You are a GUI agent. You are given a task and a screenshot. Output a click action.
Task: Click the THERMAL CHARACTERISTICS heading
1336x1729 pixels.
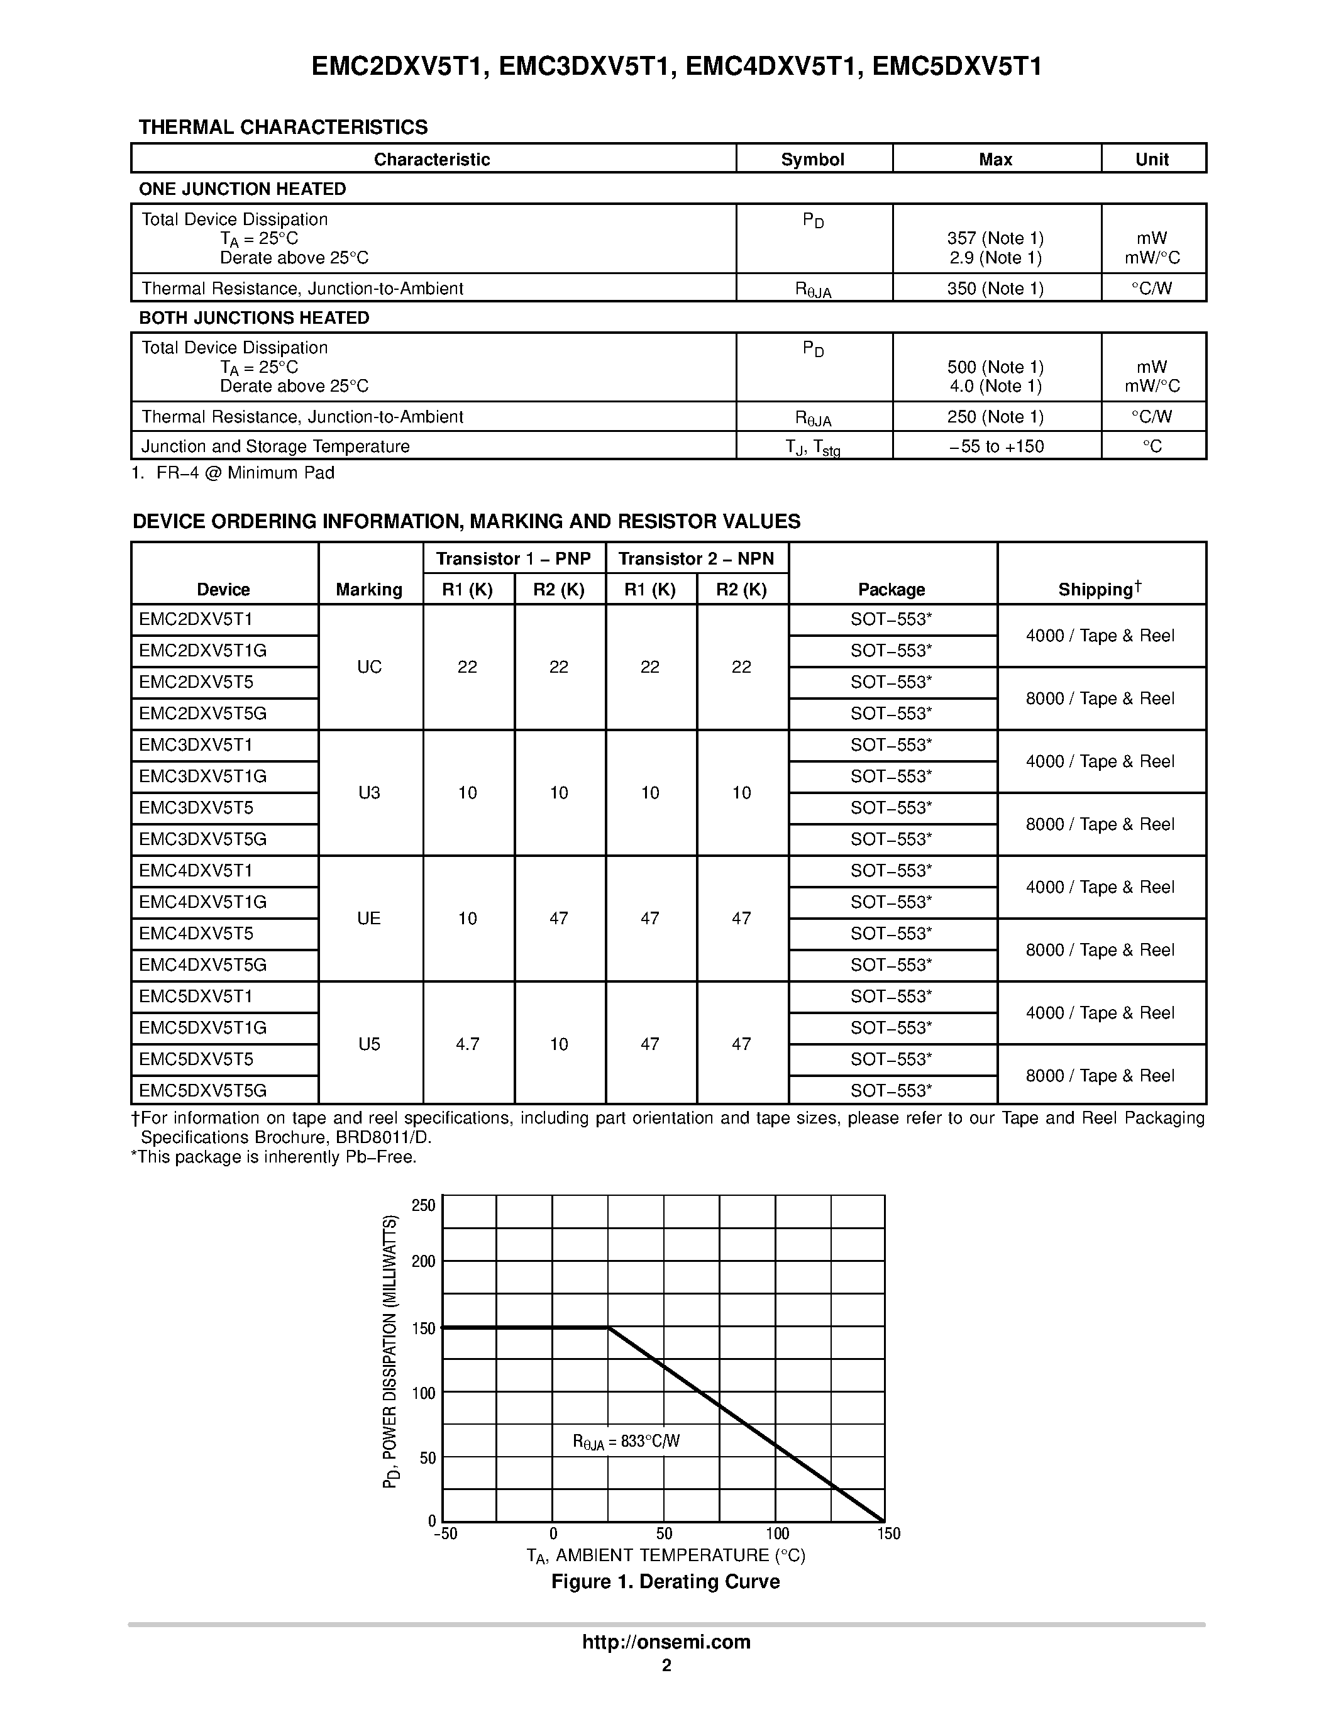282,128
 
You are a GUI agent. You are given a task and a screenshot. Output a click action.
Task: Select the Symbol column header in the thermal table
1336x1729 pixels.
812,159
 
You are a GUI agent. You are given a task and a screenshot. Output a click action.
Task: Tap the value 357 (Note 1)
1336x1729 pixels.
995,238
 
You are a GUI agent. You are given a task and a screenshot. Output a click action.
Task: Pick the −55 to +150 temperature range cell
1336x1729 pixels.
996,446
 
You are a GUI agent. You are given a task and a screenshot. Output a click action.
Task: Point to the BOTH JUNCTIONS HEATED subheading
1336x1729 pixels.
254,318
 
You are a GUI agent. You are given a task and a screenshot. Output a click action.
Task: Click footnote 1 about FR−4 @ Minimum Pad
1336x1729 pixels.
233,473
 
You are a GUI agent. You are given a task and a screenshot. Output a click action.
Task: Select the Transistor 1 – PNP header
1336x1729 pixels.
513,559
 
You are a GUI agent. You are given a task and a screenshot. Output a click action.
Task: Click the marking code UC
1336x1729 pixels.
369,666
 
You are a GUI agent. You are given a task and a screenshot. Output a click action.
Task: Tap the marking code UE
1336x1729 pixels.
369,919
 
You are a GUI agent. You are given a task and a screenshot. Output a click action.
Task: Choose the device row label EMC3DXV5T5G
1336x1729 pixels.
202,839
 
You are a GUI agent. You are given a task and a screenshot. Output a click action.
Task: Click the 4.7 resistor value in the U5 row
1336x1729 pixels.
467,1044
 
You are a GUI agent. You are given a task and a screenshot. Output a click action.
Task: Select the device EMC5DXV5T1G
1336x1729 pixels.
202,1027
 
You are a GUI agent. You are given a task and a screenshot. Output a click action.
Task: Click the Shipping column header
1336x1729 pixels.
1100,589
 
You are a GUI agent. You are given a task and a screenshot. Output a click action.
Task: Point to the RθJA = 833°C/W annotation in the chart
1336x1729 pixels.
626,1442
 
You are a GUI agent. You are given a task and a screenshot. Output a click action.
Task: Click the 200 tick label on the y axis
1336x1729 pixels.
424,1261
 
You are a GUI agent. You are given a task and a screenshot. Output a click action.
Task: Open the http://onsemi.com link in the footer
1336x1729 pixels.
666,1642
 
